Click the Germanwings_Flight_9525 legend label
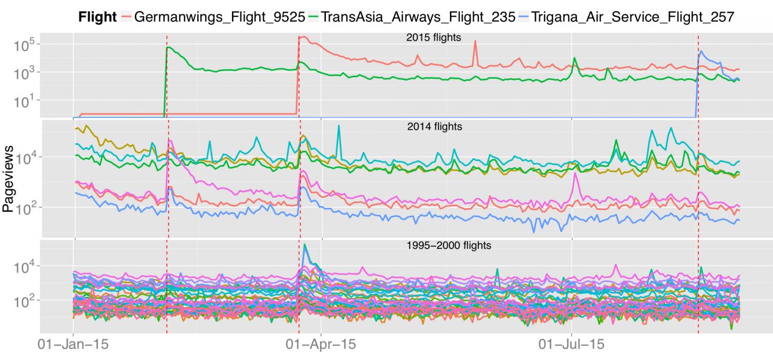(217, 17)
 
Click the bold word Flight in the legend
(97, 17)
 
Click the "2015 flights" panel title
(434, 38)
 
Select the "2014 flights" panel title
(434, 127)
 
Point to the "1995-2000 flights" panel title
(449, 246)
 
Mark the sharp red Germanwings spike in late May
(475, 41)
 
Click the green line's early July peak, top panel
(574, 58)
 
